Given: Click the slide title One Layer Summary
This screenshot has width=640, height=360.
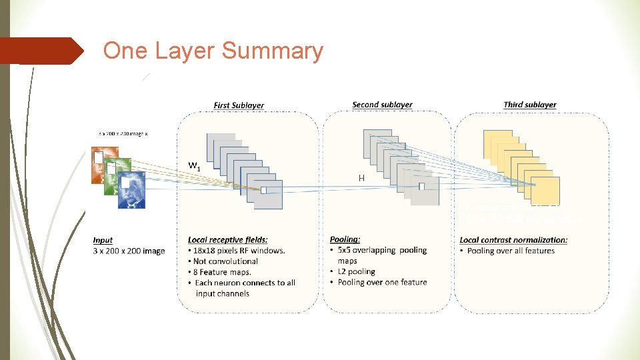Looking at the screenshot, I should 213,51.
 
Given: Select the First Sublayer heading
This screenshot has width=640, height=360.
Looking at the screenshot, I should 239,105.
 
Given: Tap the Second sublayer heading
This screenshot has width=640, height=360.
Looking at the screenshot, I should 382,105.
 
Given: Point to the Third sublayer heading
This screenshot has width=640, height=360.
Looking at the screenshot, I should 530,105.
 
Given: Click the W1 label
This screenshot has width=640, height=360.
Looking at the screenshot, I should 195,165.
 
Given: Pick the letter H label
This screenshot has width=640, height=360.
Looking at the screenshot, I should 361,178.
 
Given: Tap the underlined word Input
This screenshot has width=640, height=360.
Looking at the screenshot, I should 103,240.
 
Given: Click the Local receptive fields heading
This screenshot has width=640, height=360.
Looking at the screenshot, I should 227,240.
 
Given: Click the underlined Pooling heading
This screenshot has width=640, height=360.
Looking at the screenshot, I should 345,239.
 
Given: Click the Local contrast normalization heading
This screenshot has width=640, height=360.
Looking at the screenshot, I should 513,240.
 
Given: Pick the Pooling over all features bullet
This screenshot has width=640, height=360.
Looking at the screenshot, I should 510,251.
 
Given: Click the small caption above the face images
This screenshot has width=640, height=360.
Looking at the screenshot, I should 123,133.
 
